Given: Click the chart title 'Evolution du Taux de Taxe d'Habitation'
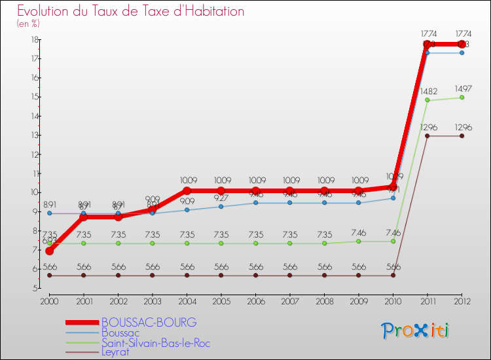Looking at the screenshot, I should coord(131,12).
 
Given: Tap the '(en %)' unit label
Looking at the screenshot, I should coord(29,24).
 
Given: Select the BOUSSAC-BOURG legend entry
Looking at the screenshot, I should coord(149,323).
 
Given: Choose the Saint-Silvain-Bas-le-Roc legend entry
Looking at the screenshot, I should coord(156,343).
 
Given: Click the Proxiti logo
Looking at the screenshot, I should coord(416,331).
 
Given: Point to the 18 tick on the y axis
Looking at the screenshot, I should coord(33,40).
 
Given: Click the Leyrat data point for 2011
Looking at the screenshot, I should coord(427,136).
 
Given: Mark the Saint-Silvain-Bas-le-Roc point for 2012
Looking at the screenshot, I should coord(462,98).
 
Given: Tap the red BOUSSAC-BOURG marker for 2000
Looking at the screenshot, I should coord(50,251).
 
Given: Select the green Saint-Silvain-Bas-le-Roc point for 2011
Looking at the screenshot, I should coord(427,100).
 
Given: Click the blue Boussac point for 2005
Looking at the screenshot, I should coord(221,207).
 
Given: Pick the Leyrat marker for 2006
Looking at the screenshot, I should coord(255,276).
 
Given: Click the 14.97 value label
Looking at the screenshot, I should coord(462,88).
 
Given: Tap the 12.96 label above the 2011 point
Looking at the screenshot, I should coord(427,127).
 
